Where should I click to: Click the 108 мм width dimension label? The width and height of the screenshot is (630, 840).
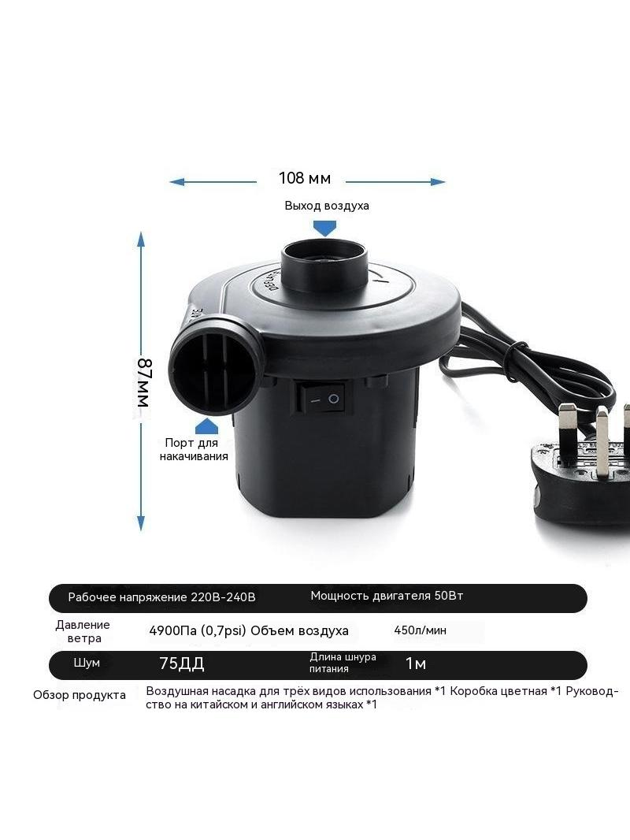305,178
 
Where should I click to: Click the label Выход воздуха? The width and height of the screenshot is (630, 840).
327,206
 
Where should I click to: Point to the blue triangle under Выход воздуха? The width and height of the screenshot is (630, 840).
325,229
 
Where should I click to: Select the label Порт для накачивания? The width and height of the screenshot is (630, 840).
193,449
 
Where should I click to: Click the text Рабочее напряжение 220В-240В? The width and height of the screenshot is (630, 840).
161,597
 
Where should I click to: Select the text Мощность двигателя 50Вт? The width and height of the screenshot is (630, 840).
387,596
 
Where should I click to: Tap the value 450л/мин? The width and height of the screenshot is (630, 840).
421,630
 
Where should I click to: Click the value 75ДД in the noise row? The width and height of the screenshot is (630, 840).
182,663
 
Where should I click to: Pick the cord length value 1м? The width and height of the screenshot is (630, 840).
416,663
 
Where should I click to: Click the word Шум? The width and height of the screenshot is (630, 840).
87,663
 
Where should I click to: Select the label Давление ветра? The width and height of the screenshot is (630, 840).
83,631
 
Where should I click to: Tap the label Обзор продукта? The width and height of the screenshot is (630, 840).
80,695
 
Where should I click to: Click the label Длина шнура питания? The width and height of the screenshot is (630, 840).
343,663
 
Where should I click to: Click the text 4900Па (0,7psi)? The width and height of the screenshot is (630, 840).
198,630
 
